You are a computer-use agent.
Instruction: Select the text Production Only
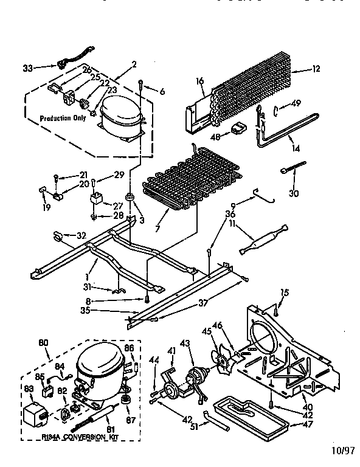click(x=63, y=118)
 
